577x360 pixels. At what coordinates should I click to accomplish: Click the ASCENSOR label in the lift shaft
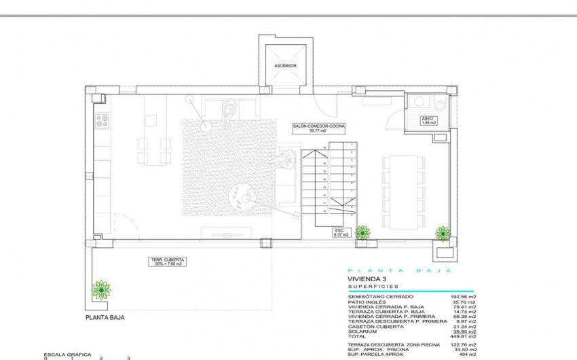pos(285,66)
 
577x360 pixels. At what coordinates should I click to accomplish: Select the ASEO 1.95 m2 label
pos(428,120)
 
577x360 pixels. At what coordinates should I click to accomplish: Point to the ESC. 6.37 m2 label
pos(340,232)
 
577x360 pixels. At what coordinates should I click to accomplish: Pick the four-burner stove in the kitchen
pos(103,120)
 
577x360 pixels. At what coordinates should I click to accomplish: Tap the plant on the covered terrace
pos(101,290)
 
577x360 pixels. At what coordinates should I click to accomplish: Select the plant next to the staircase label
pos(363,232)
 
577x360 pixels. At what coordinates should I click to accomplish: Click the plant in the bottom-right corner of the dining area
pos(443,233)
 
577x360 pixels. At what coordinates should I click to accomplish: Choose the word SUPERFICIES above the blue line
pos(373,287)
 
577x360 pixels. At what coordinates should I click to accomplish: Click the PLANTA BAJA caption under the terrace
pos(105,317)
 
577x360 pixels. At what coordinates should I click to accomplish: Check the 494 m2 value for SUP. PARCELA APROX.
pos(465,354)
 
